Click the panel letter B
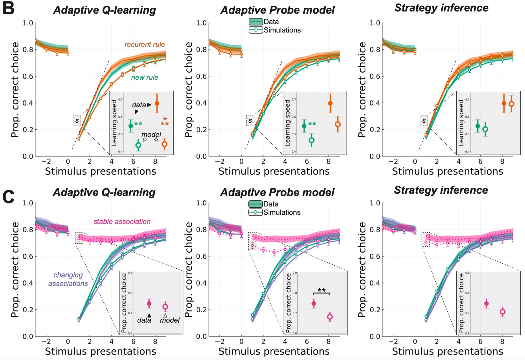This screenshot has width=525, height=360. (x=8, y=8)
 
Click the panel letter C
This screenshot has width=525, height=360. (x=8, y=196)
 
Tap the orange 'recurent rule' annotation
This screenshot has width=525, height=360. (x=145, y=45)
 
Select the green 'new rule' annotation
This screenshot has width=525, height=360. (x=145, y=77)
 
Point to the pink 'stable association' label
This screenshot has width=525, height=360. (x=122, y=222)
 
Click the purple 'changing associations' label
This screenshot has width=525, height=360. (x=68, y=279)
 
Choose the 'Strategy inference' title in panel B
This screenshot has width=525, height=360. (x=441, y=8)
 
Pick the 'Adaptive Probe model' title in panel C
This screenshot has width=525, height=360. (x=277, y=192)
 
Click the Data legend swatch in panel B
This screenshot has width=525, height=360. (x=256, y=22)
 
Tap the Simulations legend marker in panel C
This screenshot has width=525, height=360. (x=256, y=212)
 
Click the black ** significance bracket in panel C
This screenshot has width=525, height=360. (x=322, y=292)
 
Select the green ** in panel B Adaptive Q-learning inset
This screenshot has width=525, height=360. (x=138, y=124)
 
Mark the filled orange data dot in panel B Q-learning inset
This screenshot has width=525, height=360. (x=157, y=103)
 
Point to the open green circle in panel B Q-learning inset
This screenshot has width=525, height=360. (x=138, y=145)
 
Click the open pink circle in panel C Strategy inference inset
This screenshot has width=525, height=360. (x=502, y=312)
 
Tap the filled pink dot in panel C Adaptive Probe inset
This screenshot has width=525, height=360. (x=314, y=304)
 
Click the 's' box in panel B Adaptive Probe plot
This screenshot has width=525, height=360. (x=250, y=121)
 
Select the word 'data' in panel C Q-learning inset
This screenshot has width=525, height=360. (x=144, y=320)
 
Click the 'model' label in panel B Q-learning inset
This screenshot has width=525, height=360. (x=151, y=135)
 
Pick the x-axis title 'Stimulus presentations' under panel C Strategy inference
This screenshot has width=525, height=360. (x=447, y=351)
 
